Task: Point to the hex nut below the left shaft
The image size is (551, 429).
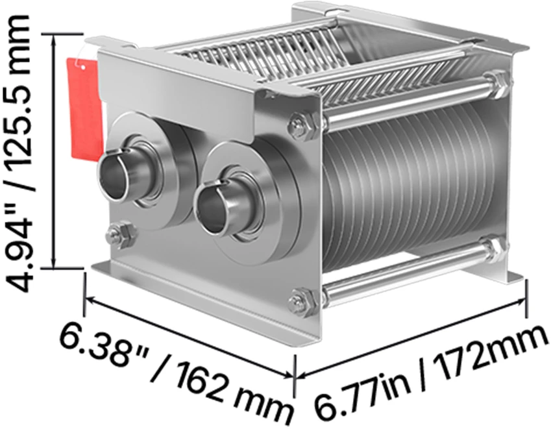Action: tap(121, 234)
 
